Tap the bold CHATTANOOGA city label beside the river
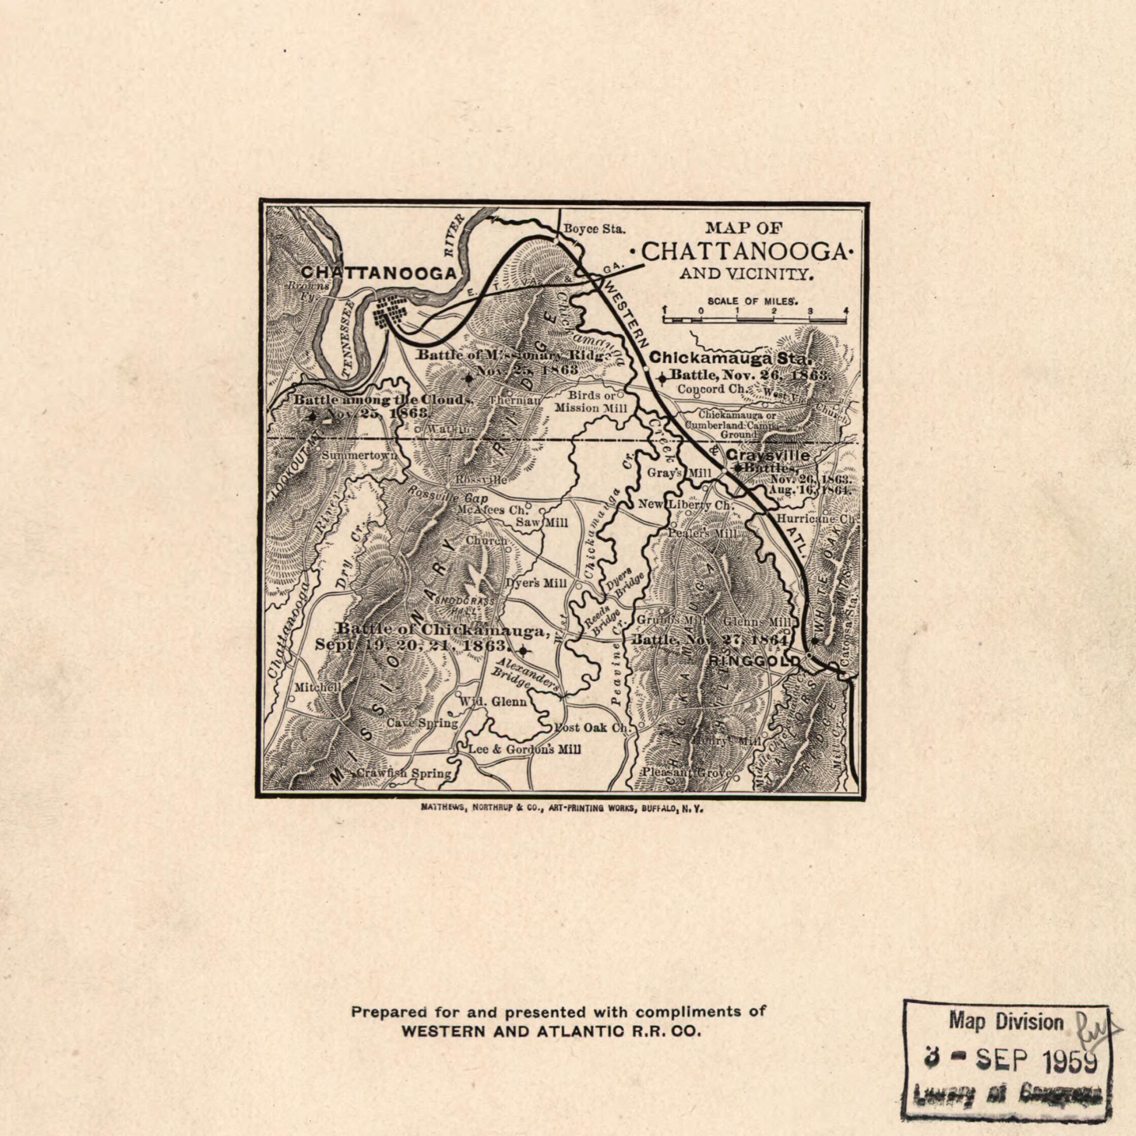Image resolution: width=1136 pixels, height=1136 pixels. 378,273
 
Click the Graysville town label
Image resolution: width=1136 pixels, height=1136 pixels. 768,456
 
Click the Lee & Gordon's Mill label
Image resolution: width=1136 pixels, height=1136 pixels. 524,750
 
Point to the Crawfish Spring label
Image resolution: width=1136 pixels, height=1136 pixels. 404,773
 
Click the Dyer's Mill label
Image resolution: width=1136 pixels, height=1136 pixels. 537,583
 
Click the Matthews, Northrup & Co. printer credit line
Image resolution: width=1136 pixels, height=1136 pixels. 562,808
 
